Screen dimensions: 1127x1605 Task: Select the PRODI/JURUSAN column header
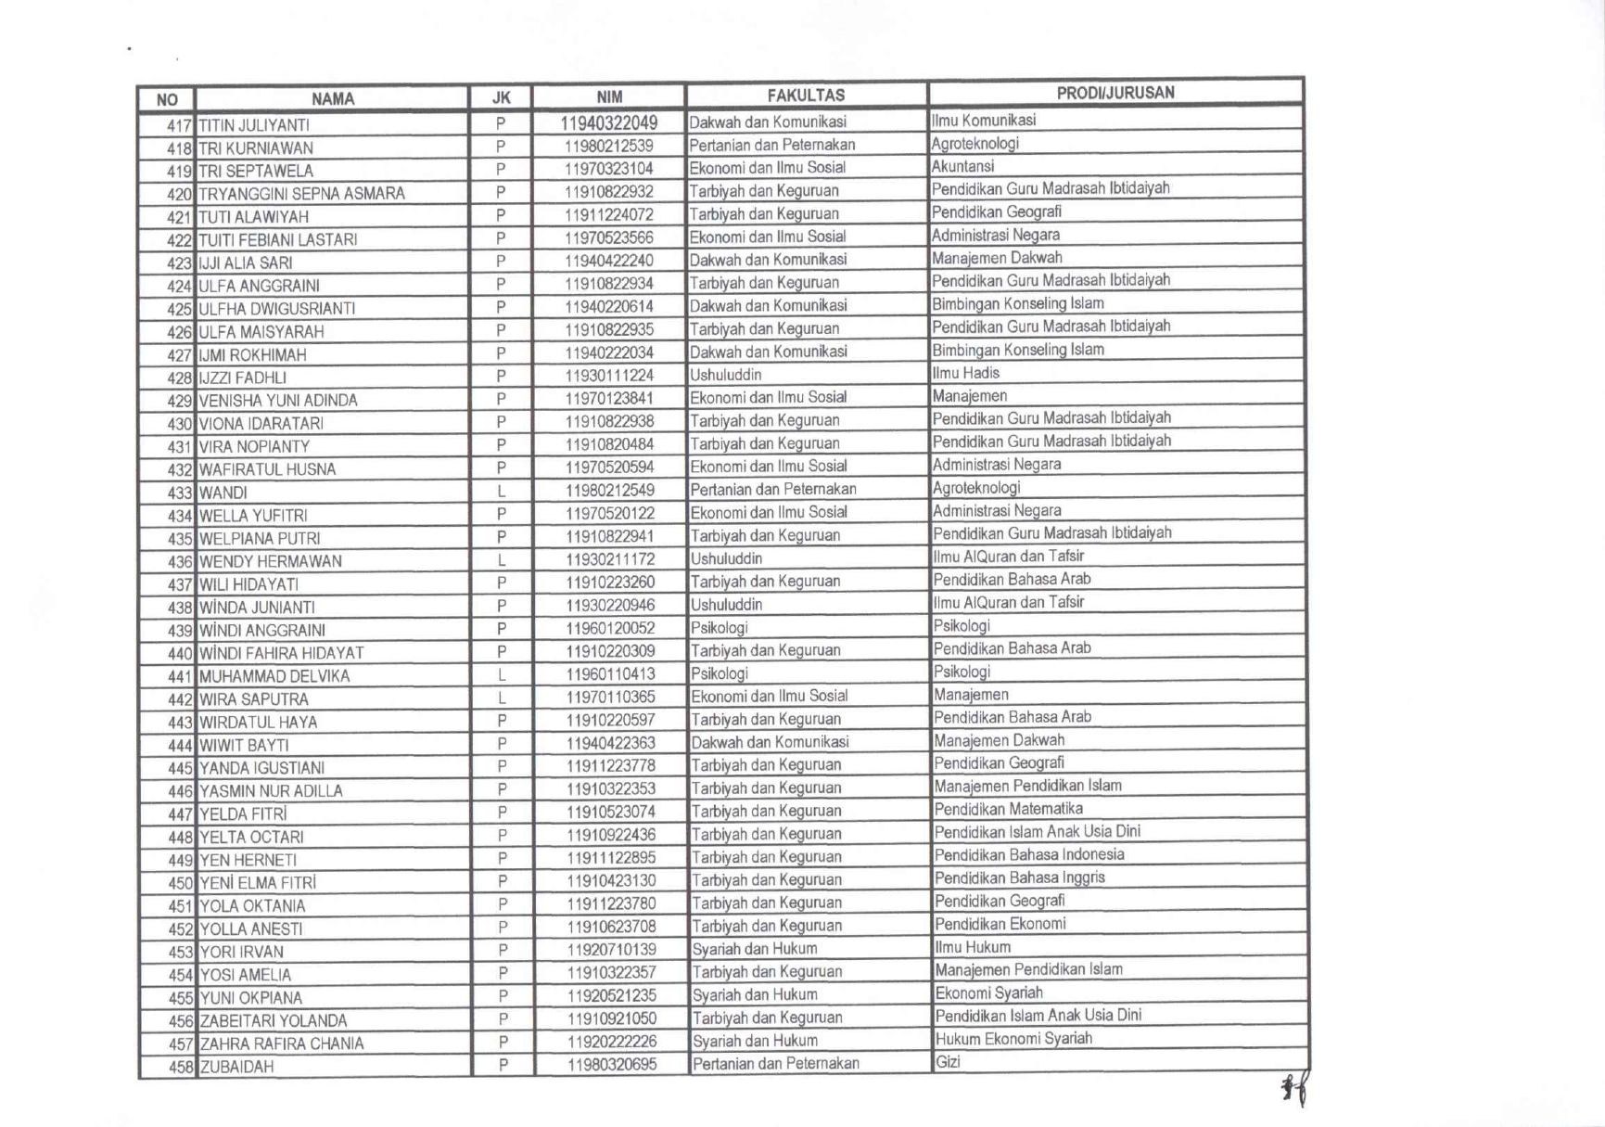click(1115, 93)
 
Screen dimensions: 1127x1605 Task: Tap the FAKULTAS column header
click(805, 96)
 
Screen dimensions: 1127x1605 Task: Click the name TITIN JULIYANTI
click(254, 125)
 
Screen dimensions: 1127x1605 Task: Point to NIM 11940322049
click(608, 122)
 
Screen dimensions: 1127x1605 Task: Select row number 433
click(179, 493)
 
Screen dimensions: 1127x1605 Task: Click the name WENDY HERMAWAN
click(270, 561)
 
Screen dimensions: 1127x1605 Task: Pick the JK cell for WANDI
click(501, 491)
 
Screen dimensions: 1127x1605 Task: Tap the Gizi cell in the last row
click(948, 1062)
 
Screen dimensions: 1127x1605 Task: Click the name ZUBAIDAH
click(236, 1067)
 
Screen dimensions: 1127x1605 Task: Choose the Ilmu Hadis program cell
click(966, 373)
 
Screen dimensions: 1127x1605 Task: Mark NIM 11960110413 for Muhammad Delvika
click(610, 673)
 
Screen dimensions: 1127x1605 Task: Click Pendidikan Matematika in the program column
click(1008, 809)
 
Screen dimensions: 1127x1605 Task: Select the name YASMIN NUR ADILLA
click(271, 791)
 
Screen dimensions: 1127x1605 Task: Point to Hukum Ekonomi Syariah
click(1013, 1039)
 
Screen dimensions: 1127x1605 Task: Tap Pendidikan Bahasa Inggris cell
click(1019, 877)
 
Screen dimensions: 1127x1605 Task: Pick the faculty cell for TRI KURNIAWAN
click(771, 145)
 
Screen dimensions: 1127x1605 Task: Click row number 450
click(180, 883)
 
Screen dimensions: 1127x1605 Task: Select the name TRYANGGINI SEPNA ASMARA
click(301, 194)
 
